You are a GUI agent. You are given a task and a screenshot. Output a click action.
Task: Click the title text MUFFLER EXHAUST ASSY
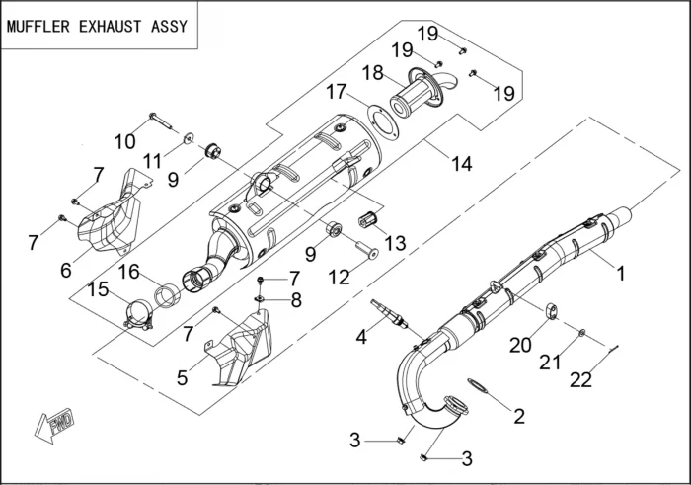pos(98,26)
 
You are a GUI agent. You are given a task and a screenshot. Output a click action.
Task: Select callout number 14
pos(462,165)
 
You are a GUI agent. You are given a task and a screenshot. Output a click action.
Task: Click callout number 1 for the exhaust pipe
pos(621,273)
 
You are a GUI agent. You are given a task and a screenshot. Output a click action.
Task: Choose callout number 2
pos(519,416)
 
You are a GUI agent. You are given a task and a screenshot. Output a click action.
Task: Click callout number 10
pos(124,140)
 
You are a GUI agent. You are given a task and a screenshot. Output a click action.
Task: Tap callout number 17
pos(338,92)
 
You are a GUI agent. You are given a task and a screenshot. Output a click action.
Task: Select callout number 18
pos(372,73)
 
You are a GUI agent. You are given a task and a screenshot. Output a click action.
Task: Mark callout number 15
pos(100,289)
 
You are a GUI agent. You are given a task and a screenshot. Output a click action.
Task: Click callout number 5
pos(182,376)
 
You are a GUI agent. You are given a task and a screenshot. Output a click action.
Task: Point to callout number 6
pos(67,270)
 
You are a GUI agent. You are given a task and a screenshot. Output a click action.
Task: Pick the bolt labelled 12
pos(367,248)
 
